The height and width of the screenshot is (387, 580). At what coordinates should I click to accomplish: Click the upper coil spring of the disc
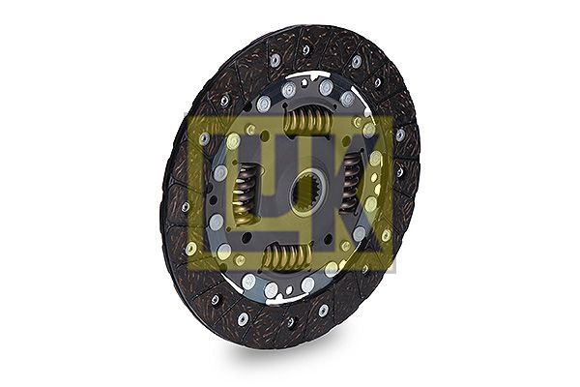pyautogui.click(x=307, y=119)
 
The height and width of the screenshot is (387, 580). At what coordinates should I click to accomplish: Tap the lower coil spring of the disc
pyautogui.click(x=287, y=256)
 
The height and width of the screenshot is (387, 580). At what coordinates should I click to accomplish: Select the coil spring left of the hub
pyautogui.click(x=246, y=194)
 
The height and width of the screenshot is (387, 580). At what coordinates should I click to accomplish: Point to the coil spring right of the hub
pyautogui.click(x=350, y=184)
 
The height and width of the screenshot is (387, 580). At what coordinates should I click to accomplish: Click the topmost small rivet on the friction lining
pyautogui.click(x=305, y=49)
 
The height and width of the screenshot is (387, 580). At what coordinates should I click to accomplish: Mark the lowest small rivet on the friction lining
pyautogui.click(x=291, y=322)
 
